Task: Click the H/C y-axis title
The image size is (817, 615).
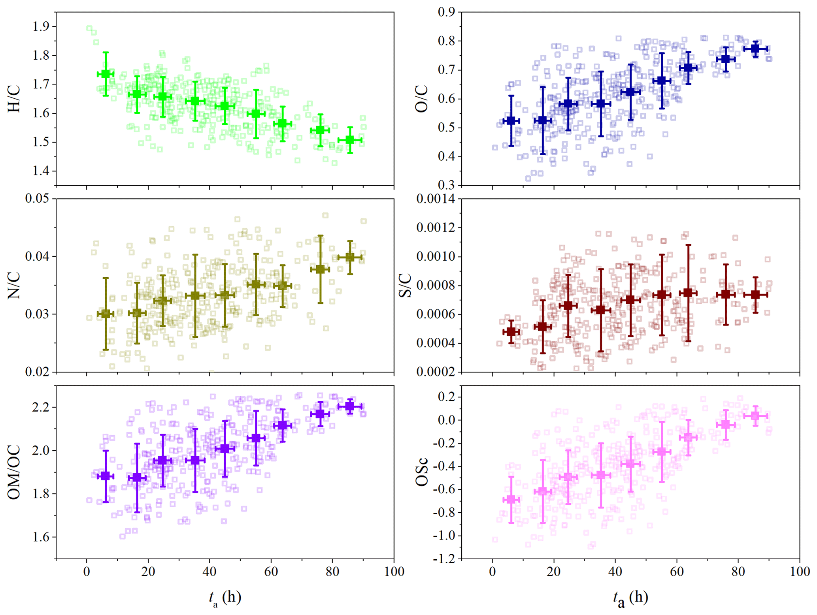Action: click(x=14, y=100)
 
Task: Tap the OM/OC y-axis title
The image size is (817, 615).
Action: click(x=14, y=472)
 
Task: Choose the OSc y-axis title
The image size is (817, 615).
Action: click(x=422, y=472)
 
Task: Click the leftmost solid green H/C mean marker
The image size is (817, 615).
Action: click(x=106, y=74)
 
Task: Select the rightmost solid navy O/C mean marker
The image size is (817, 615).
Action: click(x=755, y=49)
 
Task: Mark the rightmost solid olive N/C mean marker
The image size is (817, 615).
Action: click(x=350, y=258)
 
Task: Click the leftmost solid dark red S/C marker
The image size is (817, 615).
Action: click(x=511, y=332)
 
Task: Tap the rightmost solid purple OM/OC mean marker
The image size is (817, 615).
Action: click(x=350, y=406)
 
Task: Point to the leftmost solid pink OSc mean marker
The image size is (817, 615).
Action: click(x=511, y=500)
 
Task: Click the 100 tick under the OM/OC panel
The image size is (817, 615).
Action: click(x=394, y=572)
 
